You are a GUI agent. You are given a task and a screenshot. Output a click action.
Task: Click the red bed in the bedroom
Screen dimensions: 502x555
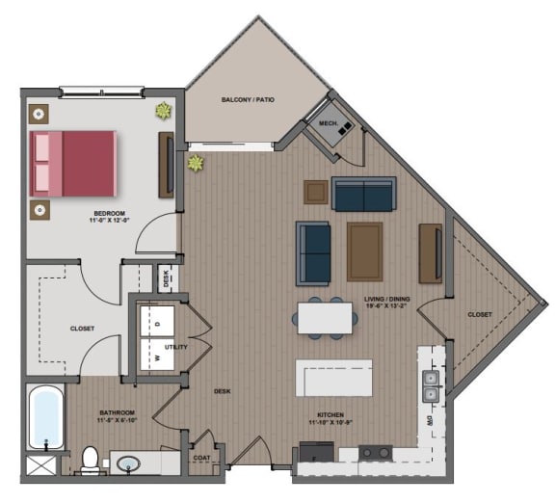tap(75, 162)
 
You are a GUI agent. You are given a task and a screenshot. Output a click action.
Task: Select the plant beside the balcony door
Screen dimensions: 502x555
tap(196, 163)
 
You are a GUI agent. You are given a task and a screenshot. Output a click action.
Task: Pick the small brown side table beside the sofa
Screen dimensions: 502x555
tap(315, 192)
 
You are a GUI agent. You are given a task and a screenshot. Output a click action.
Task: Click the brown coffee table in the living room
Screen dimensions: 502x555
tap(364, 251)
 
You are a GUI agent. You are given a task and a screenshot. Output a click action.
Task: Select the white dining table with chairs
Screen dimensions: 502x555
tap(323, 317)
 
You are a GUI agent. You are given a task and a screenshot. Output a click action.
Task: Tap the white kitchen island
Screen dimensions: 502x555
tap(333, 378)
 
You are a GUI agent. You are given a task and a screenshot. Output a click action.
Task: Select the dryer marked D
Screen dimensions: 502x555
tap(158, 324)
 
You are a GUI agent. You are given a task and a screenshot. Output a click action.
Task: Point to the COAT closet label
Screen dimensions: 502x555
tap(201, 459)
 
